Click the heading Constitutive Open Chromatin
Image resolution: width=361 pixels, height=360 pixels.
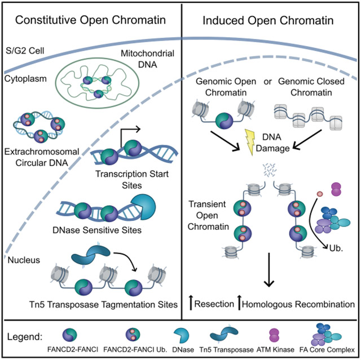pos(90,20)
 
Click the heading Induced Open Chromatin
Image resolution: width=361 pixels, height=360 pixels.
pos(268,20)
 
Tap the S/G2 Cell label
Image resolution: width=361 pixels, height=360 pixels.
pos(25,51)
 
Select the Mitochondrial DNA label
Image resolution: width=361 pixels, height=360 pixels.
pos(148,59)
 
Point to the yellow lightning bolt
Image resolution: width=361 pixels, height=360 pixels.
pos(250,142)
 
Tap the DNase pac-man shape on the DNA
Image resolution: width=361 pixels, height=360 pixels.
pos(144,207)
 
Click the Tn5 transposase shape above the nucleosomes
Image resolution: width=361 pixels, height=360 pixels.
pos(91,255)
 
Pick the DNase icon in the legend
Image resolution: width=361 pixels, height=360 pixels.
pos(181,335)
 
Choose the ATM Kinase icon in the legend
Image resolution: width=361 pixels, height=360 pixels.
pos(274,335)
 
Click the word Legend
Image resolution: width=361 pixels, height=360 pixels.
pos(25,336)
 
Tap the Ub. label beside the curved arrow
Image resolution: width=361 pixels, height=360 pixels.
pos(336,248)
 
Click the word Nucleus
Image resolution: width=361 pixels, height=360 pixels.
pos(24,260)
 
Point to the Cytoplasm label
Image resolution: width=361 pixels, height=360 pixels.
pos(25,79)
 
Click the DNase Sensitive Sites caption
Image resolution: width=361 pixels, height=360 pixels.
pos(97,230)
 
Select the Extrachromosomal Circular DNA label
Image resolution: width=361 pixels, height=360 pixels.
pos(42,157)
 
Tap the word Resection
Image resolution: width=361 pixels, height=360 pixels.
pos(214,304)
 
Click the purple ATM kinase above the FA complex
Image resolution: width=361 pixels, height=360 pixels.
pos(336,189)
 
